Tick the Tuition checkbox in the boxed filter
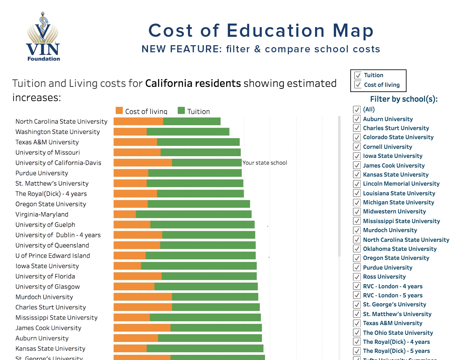pyautogui.click(x=358, y=76)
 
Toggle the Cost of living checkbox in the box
pyautogui.click(x=358, y=85)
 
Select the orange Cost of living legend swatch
pyautogui.click(x=119, y=111)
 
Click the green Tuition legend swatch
pyautogui.click(x=181, y=111)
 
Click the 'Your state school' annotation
pyautogui.click(x=265, y=163)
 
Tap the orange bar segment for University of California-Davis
pyautogui.click(x=143, y=163)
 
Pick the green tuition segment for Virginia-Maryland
pyautogui.click(x=194, y=214)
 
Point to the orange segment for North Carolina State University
pyautogui.click(x=138, y=121)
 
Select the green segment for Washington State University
pyautogui.click(x=188, y=132)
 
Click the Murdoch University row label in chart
pyautogui.click(x=44, y=297)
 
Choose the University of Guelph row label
pyautogui.click(x=45, y=225)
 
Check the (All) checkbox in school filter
pyautogui.click(x=357, y=109)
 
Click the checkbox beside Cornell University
pyautogui.click(x=357, y=147)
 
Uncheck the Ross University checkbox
pyautogui.click(x=357, y=277)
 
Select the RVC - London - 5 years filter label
pyautogui.click(x=393, y=295)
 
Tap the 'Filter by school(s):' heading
pyautogui.click(x=404, y=99)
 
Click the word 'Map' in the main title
pyautogui.click(x=353, y=31)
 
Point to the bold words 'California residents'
pyautogui.click(x=193, y=83)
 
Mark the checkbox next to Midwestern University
pyautogui.click(x=357, y=211)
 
